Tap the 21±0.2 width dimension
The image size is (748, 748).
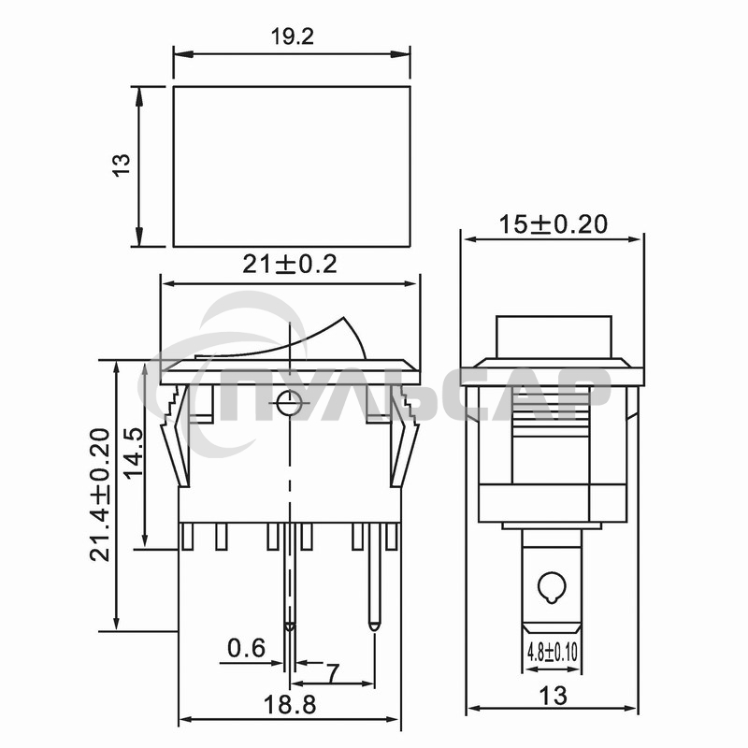pos(290,265)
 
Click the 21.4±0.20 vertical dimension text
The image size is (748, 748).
pos(100,495)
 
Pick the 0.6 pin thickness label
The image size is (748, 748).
pos(246,647)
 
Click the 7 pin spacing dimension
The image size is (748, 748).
pos(331,671)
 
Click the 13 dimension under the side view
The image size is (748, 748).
pos(554,696)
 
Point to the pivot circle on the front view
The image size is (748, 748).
pos(288,404)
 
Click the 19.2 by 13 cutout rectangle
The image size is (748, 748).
pos(292,166)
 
